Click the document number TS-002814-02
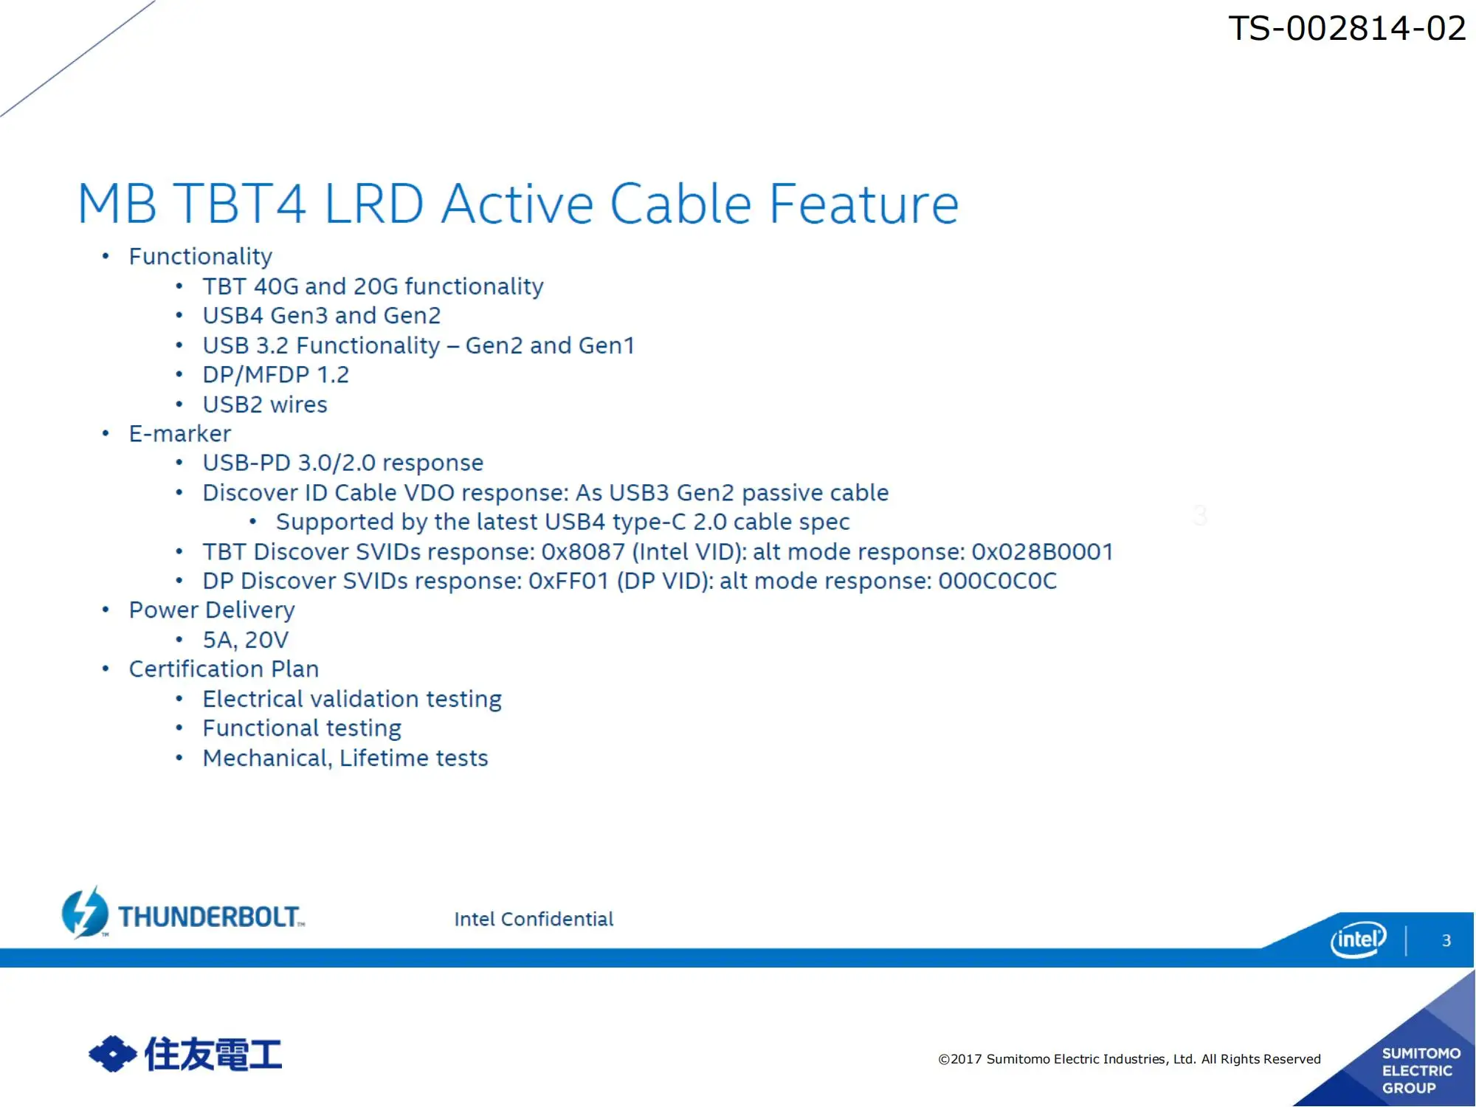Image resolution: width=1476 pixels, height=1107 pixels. click(x=1347, y=29)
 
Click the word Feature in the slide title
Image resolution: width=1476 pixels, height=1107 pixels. click(x=864, y=204)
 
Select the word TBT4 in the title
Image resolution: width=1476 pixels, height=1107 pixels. click(x=240, y=204)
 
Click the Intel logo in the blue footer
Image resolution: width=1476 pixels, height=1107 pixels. click(x=1358, y=939)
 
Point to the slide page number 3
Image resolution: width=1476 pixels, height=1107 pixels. click(x=1446, y=940)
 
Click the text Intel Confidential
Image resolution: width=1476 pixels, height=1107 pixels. click(x=534, y=919)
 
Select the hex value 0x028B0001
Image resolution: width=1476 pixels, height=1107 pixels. click(x=1042, y=551)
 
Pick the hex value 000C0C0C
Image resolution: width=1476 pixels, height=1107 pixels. click(x=998, y=581)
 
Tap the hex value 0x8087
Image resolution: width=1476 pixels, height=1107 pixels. click(x=583, y=551)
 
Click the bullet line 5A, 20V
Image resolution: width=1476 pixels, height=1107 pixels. click(x=246, y=640)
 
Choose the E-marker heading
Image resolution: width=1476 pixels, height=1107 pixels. click(x=180, y=433)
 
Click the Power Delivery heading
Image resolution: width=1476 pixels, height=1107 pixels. click(x=212, y=610)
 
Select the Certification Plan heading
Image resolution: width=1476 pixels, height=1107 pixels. click(x=224, y=669)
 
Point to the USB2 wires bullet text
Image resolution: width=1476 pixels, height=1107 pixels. click(x=265, y=404)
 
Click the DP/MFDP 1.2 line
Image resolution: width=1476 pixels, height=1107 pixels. click(x=276, y=375)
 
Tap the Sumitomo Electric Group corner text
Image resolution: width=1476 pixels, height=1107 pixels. click(x=1421, y=1070)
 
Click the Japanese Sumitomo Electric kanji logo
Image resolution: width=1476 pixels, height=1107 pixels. click(x=185, y=1054)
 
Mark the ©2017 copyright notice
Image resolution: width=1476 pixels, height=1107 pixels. click(x=1129, y=1059)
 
